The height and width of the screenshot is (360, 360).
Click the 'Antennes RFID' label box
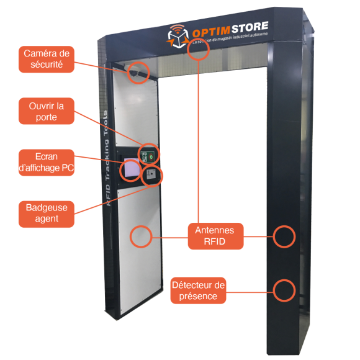[x=215, y=236]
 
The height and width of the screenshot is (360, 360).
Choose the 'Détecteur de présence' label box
[x=198, y=290]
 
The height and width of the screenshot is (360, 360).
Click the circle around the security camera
[x=139, y=72]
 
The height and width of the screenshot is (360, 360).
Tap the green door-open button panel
[x=149, y=155]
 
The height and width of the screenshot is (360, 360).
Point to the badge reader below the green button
[x=153, y=177]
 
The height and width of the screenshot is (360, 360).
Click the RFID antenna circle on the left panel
[x=141, y=236]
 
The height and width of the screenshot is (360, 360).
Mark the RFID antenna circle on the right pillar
[x=284, y=236]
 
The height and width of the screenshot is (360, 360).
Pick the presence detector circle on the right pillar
[x=284, y=289]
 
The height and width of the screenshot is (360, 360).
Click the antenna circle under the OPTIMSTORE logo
[x=198, y=50]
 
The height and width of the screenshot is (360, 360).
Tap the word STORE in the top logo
[x=248, y=27]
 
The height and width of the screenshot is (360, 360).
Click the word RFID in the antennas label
[x=215, y=242]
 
